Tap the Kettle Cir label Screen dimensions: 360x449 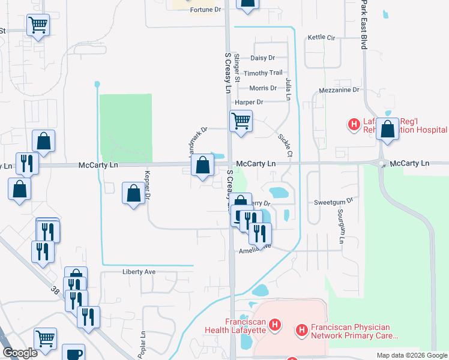pyautogui.click(x=321, y=37)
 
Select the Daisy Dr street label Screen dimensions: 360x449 pyautogui.click(x=262, y=58)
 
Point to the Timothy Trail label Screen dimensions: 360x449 pyautogui.click(x=267, y=73)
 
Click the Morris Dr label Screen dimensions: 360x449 pyautogui.click(x=264, y=88)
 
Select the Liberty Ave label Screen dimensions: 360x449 pyautogui.click(x=139, y=272)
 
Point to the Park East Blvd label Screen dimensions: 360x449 pyautogui.click(x=364, y=24)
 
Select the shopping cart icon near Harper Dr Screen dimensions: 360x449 pyautogui.click(x=241, y=121)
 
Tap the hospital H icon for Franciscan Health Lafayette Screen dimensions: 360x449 pyautogui.click(x=275, y=326)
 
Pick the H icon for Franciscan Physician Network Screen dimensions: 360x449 pyautogui.click(x=302, y=329)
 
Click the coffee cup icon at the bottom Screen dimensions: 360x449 pyautogui.click(x=74, y=354)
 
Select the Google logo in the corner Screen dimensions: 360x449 pyautogui.click(x=20, y=353)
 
